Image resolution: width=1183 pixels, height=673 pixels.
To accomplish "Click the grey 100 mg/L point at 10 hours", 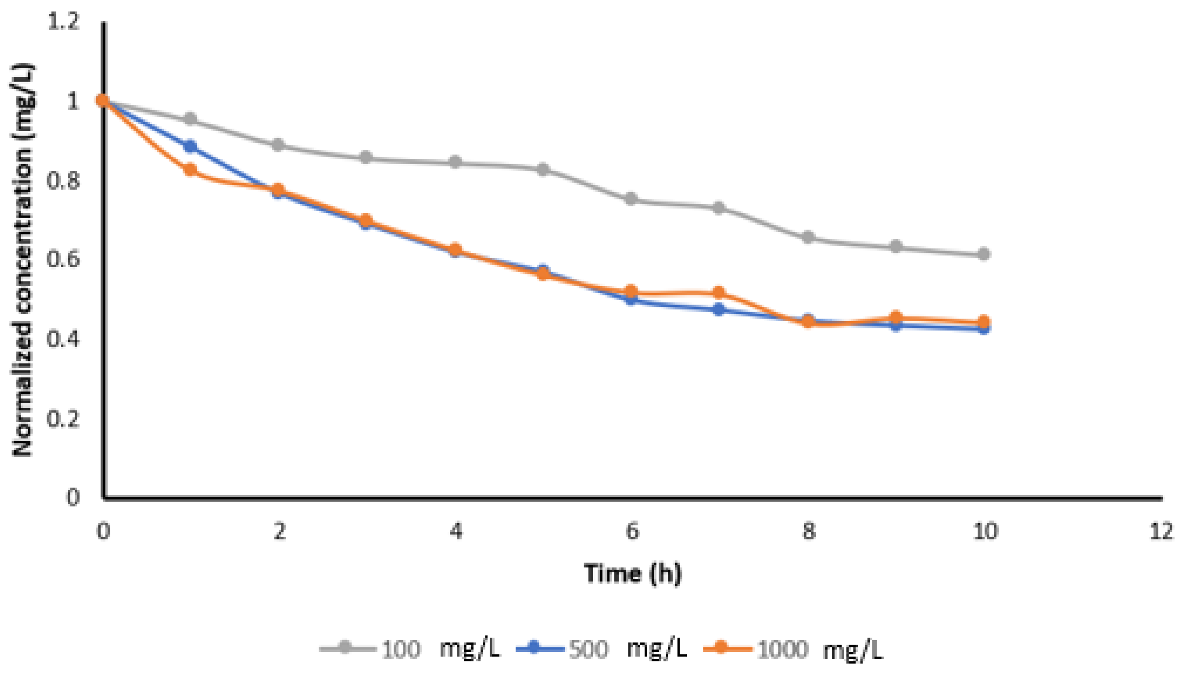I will (x=983, y=254).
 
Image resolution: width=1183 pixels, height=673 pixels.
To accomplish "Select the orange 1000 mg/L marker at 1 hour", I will (x=190, y=170).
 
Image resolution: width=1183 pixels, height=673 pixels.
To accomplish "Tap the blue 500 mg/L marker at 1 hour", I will (x=190, y=147).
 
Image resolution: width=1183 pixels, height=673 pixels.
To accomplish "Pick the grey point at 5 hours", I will (x=543, y=169).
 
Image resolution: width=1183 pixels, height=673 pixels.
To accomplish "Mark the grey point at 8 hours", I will (x=808, y=237).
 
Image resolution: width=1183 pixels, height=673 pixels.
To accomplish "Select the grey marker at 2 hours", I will (x=278, y=145).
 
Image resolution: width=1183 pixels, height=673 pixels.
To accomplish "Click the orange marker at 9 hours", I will (x=896, y=318).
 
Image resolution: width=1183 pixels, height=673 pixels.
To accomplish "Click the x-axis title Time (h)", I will (x=632, y=573).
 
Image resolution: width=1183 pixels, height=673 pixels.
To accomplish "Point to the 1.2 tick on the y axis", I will (x=64, y=22).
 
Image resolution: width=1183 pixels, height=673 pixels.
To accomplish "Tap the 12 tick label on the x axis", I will (x=1161, y=531).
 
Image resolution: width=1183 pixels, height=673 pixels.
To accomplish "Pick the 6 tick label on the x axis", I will (x=632, y=531).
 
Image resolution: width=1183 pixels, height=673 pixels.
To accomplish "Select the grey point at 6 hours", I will (x=631, y=199).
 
